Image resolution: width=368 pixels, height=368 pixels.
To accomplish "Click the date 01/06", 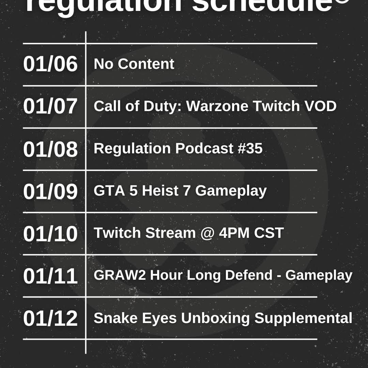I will [x=50, y=64].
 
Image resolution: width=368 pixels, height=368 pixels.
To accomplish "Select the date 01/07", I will [x=50, y=106].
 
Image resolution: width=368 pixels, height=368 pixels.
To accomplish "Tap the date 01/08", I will [x=50, y=149].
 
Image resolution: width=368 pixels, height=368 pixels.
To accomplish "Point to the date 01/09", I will [x=50, y=191].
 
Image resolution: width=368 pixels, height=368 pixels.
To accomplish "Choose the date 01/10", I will [x=50, y=234].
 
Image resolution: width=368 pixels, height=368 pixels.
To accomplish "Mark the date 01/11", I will [x=50, y=276].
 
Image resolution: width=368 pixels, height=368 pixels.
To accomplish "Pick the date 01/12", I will [x=50, y=318].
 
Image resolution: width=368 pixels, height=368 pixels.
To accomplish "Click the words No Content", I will [x=134, y=64].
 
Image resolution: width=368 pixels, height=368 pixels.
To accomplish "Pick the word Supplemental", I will [x=303, y=318].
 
